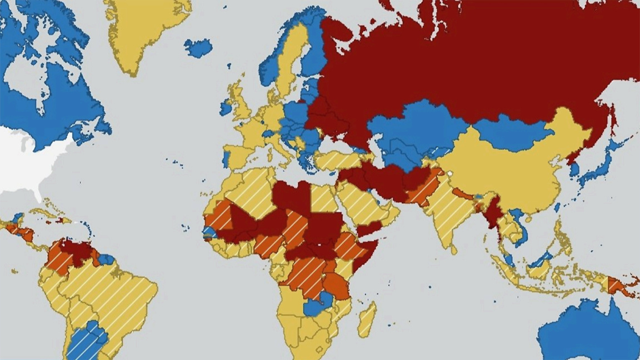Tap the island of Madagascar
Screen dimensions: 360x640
[367, 319]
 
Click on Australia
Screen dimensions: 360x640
[589, 333]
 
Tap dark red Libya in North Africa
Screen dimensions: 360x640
[292, 197]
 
